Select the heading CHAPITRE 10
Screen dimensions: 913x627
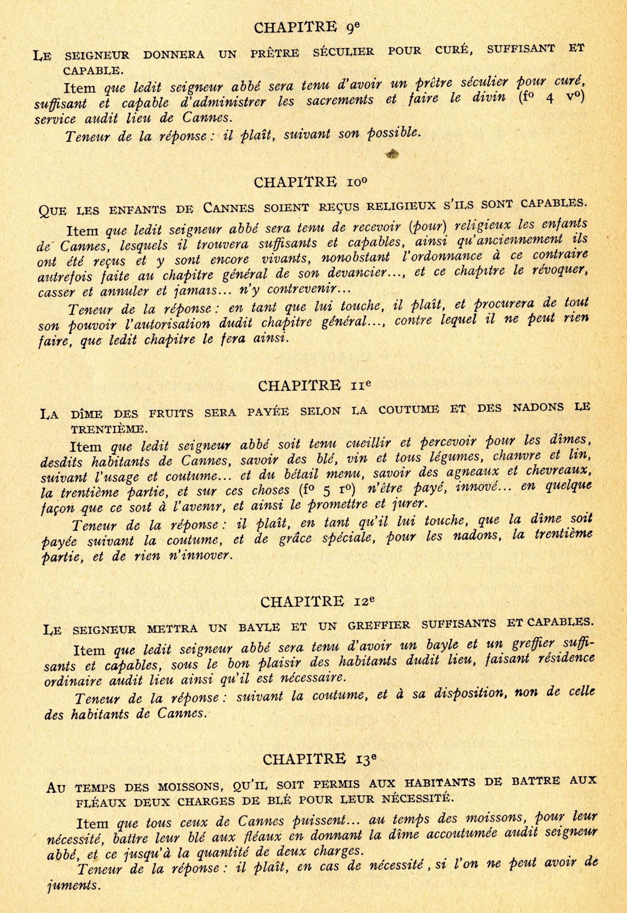coord(311,183)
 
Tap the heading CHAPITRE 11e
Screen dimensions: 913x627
coord(314,386)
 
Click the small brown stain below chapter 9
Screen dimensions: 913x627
coord(392,154)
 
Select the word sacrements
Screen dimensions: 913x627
coord(340,100)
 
